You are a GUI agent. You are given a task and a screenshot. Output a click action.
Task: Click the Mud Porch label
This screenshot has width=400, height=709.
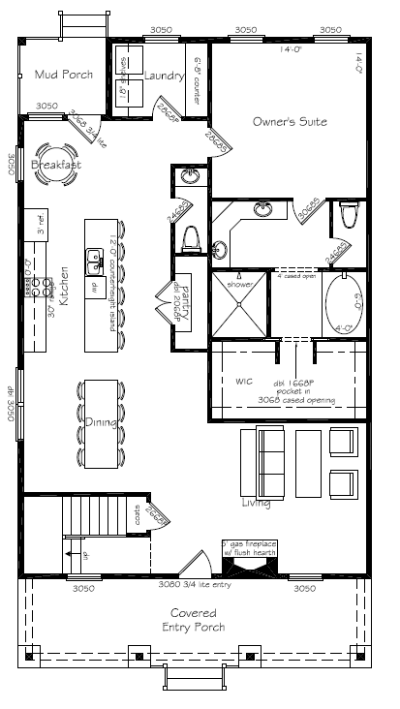point(62,75)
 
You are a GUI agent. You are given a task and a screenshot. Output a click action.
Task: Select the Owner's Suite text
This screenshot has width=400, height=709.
point(290,122)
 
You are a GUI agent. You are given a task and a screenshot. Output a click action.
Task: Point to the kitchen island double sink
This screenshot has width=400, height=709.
point(95,259)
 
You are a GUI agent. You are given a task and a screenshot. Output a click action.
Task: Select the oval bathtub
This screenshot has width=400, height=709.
point(344,304)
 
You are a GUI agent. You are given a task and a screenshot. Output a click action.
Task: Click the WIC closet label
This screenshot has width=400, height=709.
point(244,381)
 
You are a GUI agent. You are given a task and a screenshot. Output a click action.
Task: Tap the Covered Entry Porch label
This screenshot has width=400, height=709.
point(193,621)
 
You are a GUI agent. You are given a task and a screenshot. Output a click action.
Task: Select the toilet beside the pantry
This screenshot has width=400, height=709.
point(191,238)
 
